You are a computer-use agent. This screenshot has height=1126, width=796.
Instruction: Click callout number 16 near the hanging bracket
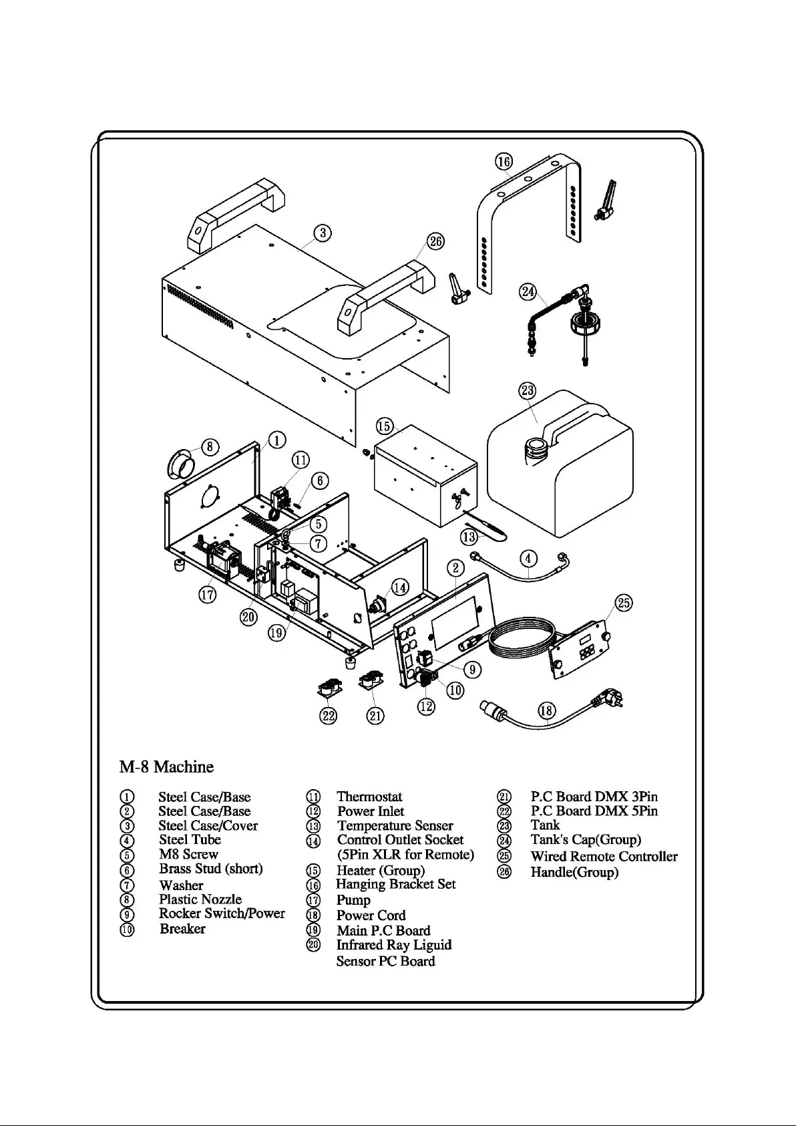pyautogui.click(x=504, y=161)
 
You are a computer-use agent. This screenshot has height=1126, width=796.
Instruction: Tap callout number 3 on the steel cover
pyautogui.click(x=323, y=233)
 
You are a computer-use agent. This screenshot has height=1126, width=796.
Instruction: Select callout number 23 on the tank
pyautogui.click(x=528, y=390)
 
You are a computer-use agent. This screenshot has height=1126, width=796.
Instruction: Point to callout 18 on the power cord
pyautogui.click(x=546, y=710)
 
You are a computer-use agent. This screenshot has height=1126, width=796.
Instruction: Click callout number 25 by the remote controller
pyautogui.click(x=624, y=603)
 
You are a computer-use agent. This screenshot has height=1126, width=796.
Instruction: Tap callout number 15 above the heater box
pyautogui.click(x=384, y=426)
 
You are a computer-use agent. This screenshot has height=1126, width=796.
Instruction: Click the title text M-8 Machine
pyautogui.click(x=166, y=766)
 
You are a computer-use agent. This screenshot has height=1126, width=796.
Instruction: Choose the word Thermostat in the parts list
pyautogui.click(x=369, y=797)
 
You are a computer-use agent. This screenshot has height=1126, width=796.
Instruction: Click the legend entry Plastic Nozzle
pyautogui.click(x=200, y=899)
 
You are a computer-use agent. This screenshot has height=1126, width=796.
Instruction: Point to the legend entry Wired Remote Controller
pyautogui.click(x=604, y=857)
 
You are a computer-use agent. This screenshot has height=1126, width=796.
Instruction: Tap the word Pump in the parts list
pyautogui.click(x=353, y=900)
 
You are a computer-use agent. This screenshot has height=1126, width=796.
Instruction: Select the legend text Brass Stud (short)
pyautogui.click(x=210, y=869)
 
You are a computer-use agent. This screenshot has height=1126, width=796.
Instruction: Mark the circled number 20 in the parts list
pyautogui.click(x=313, y=945)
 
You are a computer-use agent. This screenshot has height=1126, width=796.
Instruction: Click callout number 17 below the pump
pyautogui.click(x=208, y=594)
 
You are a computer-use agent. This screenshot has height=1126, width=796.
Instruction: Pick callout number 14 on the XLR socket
pyautogui.click(x=399, y=587)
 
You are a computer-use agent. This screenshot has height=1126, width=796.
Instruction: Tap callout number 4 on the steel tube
pyautogui.click(x=528, y=558)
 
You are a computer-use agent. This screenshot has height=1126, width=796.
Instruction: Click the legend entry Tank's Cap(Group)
pyautogui.click(x=586, y=840)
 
